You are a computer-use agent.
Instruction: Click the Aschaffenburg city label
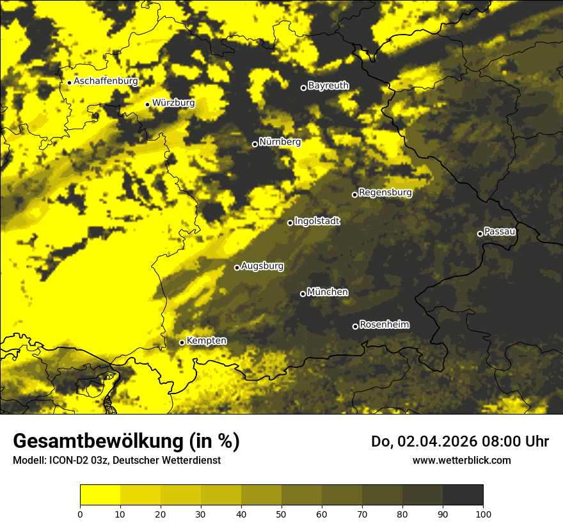106,81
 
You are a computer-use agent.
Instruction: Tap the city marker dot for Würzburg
147,104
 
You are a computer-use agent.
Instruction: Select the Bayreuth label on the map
328,86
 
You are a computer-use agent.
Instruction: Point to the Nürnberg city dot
255,144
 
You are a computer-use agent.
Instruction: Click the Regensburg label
385,193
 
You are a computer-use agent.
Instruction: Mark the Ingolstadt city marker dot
290,223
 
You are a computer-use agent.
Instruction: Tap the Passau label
500,232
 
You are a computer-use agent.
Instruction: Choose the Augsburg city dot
237,267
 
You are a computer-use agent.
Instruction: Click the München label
328,292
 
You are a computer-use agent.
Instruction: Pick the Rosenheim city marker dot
355,326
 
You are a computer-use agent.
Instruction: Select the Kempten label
206,341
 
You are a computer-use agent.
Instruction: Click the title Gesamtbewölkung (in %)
126,441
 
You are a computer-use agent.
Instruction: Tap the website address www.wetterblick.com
461,460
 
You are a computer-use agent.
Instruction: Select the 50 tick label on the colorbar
281,513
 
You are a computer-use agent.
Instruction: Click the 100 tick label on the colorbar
483,513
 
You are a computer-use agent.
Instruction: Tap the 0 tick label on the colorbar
80,513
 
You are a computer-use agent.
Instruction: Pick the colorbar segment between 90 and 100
463,495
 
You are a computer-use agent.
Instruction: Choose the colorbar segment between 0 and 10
100,495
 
